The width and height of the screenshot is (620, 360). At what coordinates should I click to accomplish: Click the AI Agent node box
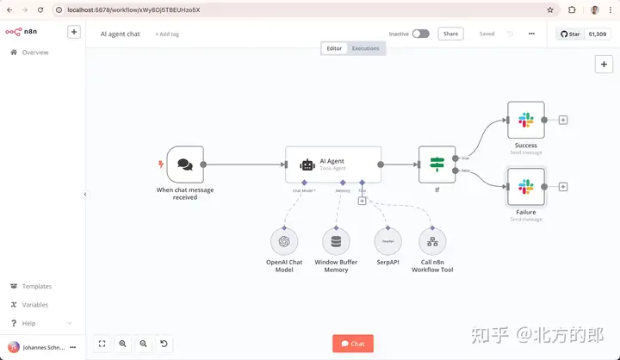pos(333,164)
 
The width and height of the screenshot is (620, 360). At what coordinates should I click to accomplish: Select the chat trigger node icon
pos(185,164)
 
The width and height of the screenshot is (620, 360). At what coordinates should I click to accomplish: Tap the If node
pos(437,164)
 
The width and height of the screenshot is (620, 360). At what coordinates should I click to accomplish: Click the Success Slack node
pos(526,120)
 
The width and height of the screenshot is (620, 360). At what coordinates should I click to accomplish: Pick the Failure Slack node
pos(526,187)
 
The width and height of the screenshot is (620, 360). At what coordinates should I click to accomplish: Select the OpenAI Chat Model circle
pos(284,241)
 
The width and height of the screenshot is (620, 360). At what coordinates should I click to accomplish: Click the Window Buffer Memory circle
pos(336,241)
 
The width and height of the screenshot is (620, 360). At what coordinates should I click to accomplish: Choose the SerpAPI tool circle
pos(388,241)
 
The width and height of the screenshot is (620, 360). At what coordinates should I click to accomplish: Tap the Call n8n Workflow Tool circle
pos(432,241)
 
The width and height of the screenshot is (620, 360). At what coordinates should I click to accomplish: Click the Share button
pos(450,34)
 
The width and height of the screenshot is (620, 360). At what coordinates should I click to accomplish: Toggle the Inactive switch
pos(420,34)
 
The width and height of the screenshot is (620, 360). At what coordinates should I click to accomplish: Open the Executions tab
pos(365,48)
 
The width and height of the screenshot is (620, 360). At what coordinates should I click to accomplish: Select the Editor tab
pos(334,48)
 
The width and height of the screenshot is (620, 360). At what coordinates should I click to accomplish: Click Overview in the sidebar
pos(34,53)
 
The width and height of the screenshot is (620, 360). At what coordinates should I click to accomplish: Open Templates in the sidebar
pos(36,286)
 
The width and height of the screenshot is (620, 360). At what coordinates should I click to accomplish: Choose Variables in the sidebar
pos(35,305)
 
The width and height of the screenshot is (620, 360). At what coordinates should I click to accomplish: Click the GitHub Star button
pos(570,34)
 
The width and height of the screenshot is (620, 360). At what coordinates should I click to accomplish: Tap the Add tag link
pos(167,34)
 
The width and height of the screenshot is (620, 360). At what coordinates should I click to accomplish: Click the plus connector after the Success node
pos(563,120)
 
